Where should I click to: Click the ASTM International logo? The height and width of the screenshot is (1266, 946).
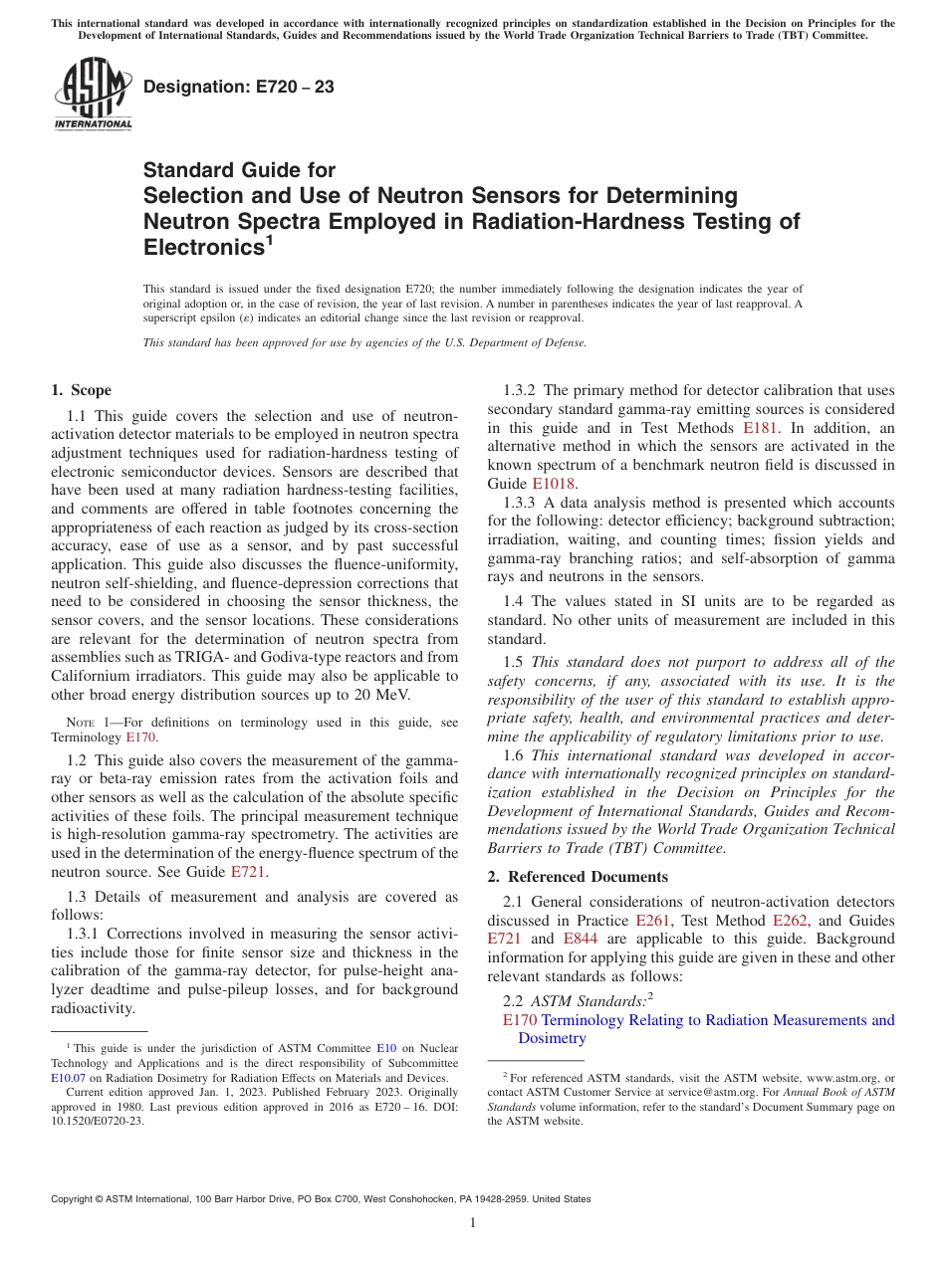pyautogui.click(x=93, y=94)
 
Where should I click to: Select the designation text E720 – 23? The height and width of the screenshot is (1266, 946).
pyautogui.click(x=238, y=88)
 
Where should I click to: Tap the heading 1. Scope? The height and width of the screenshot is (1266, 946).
pyautogui.click(x=81, y=390)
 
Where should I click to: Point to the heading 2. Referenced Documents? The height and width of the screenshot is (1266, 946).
pyautogui.click(x=578, y=877)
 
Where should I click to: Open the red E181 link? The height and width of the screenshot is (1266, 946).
pyautogui.click(x=761, y=428)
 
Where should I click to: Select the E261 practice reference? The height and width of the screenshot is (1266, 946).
pyautogui.click(x=652, y=921)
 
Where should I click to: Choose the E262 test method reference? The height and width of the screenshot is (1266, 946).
pyautogui.click(x=790, y=921)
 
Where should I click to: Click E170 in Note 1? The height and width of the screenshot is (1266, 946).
pyautogui.click(x=140, y=738)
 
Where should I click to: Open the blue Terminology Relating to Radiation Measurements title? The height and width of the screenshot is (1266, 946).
pyautogui.click(x=717, y=1020)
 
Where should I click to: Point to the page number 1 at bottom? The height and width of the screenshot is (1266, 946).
pyautogui.click(x=473, y=1223)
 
